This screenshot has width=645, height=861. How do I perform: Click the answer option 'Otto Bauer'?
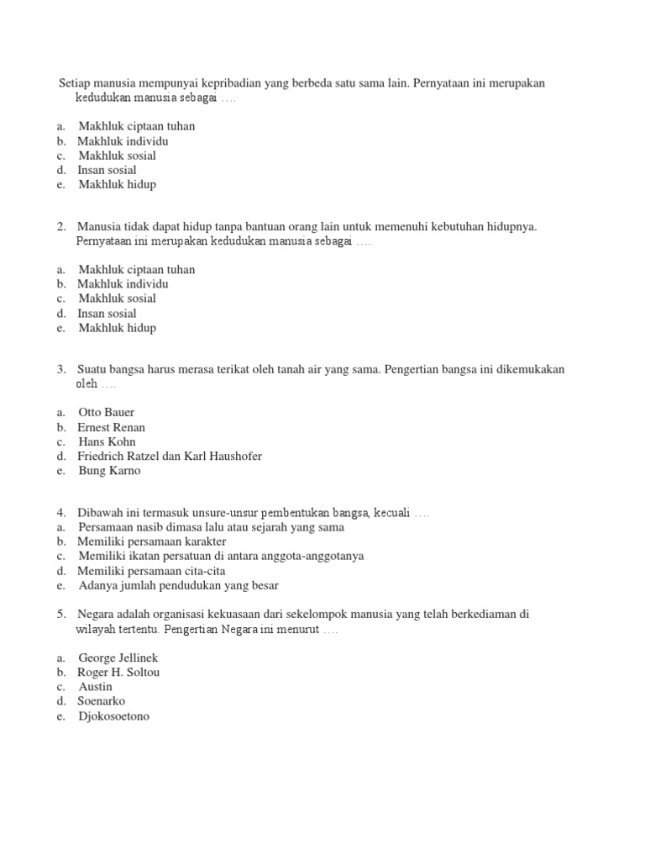[x=106, y=413]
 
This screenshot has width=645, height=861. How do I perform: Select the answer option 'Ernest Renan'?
[x=111, y=427]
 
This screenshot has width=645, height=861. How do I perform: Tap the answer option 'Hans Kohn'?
[x=107, y=441]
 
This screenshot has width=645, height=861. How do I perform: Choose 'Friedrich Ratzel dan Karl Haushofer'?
[x=170, y=457]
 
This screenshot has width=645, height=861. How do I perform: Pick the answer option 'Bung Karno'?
[x=109, y=471]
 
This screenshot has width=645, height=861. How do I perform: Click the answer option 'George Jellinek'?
[x=118, y=658]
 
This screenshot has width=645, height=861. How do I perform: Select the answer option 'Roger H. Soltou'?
[x=118, y=673]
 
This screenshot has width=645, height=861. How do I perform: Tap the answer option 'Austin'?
[x=95, y=687]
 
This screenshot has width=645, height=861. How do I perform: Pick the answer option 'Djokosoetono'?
[x=115, y=716]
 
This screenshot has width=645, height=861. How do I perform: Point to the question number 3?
[x=61, y=369]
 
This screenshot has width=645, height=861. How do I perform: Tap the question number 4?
[x=61, y=513]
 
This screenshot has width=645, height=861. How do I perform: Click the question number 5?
[x=61, y=615]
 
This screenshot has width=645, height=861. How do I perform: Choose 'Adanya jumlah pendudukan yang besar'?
[x=178, y=585]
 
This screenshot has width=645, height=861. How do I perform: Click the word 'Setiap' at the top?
[x=75, y=84]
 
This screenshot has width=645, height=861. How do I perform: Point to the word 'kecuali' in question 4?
[x=391, y=513]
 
